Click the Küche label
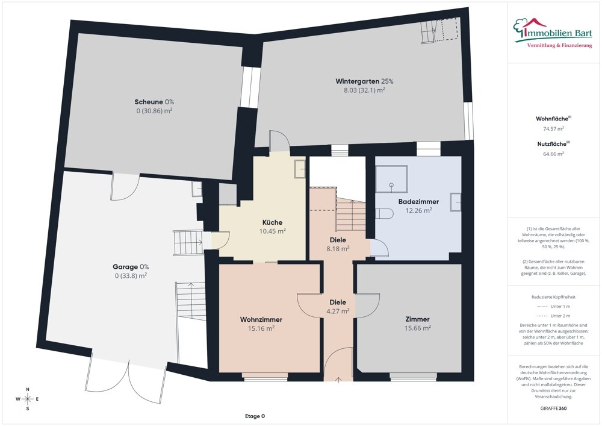click(272, 222)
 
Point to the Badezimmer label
click(418, 202)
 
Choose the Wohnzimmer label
click(261, 319)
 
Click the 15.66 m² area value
click(417, 328)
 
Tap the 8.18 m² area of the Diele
click(338, 248)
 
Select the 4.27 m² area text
click(338, 311)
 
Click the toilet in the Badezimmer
click(384, 213)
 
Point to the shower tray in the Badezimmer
click(391, 179)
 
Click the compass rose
click(28, 399)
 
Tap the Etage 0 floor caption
click(255, 416)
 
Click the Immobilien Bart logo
click(553, 33)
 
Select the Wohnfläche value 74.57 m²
click(553, 129)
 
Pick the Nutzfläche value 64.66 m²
click(553, 154)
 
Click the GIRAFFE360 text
click(553, 409)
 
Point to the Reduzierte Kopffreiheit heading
click(553, 297)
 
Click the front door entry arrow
click(338, 380)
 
